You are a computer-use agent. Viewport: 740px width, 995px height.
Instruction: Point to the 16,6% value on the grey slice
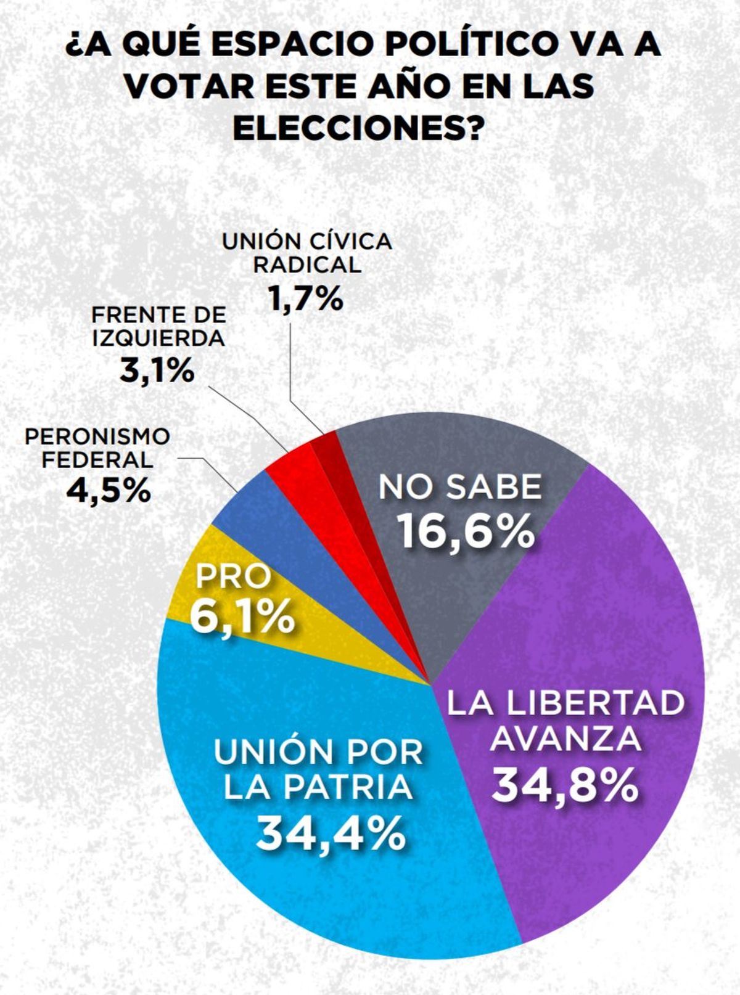(x=465, y=531)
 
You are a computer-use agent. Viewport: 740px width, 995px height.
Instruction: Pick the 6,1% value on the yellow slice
(x=242, y=617)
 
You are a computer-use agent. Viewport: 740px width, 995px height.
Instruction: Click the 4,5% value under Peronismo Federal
(x=109, y=491)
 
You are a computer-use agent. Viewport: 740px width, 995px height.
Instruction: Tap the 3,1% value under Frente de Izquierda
(x=157, y=371)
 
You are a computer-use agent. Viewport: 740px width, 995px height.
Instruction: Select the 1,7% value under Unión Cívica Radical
(x=306, y=299)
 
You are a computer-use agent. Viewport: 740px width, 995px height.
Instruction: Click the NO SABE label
(x=460, y=487)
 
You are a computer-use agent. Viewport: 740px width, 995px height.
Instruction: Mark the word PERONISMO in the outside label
(x=97, y=436)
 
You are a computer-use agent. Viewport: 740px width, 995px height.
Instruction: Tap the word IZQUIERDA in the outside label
(x=158, y=338)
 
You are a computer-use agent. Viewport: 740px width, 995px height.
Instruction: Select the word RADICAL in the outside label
(x=306, y=264)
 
